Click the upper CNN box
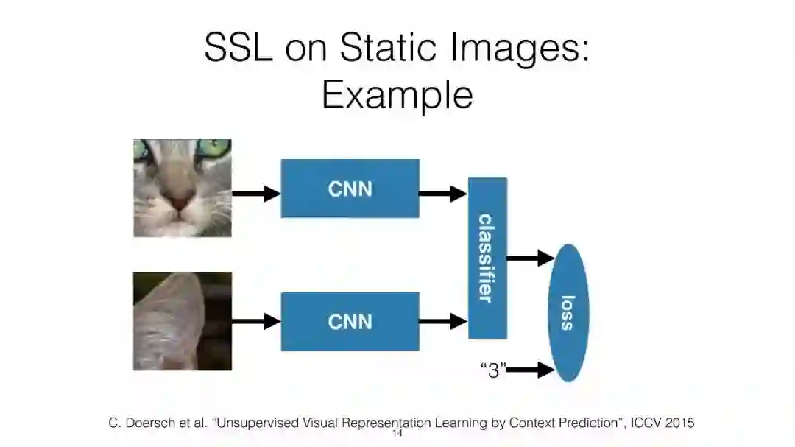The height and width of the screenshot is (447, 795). (350, 189)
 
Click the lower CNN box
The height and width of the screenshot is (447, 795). (350, 321)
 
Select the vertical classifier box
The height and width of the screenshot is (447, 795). (487, 258)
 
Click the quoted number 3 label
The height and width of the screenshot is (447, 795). (493, 370)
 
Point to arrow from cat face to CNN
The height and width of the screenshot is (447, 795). (256, 194)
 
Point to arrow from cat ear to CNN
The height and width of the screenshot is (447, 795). (256, 321)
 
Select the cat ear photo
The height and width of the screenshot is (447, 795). (183, 321)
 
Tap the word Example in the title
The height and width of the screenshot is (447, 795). (397, 95)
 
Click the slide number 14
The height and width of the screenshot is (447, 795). (397, 434)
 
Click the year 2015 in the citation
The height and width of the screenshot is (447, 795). (677, 423)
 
